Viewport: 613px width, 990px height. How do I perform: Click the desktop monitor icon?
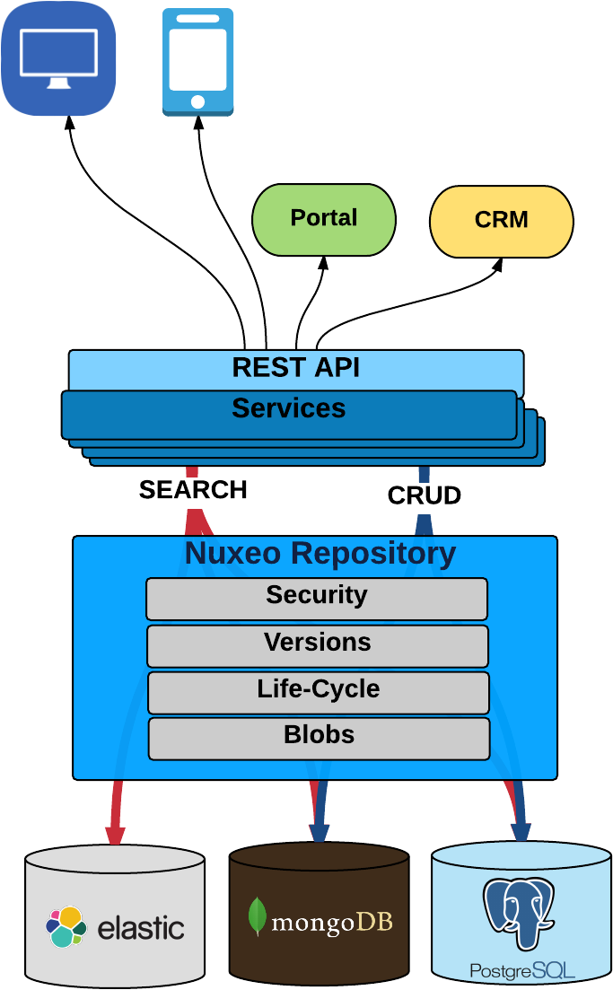[x=58, y=58]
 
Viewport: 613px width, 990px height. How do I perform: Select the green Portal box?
[x=324, y=219]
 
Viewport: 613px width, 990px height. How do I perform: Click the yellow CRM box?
[x=501, y=221]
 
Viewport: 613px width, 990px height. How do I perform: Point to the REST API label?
[x=295, y=368]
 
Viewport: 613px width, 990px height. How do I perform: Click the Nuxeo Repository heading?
[x=320, y=554]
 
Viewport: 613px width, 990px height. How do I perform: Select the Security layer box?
[x=317, y=598]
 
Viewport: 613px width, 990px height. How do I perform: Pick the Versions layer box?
[x=317, y=644]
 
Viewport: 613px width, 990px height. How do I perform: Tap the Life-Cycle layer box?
[x=318, y=691]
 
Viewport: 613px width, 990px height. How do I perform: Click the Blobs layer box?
[x=319, y=737]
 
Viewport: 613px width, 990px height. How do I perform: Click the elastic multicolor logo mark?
[x=66, y=926]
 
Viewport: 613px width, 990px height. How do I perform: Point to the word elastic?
[x=140, y=928]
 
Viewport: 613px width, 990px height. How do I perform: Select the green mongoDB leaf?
[x=258, y=916]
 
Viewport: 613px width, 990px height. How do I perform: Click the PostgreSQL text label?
[x=521, y=970]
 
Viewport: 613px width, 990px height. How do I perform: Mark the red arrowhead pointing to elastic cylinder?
[x=114, y=835]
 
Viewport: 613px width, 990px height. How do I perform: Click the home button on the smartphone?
[x=198, y=101]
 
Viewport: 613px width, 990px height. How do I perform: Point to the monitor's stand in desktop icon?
[x=58, y=83]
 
